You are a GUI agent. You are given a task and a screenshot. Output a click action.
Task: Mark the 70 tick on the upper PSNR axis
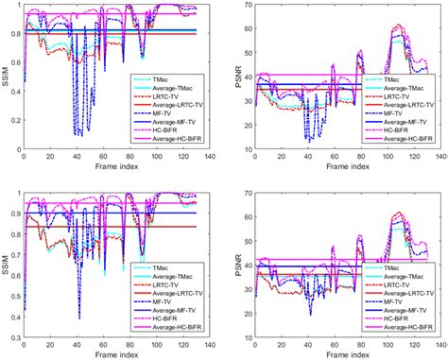click(248, 7)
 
